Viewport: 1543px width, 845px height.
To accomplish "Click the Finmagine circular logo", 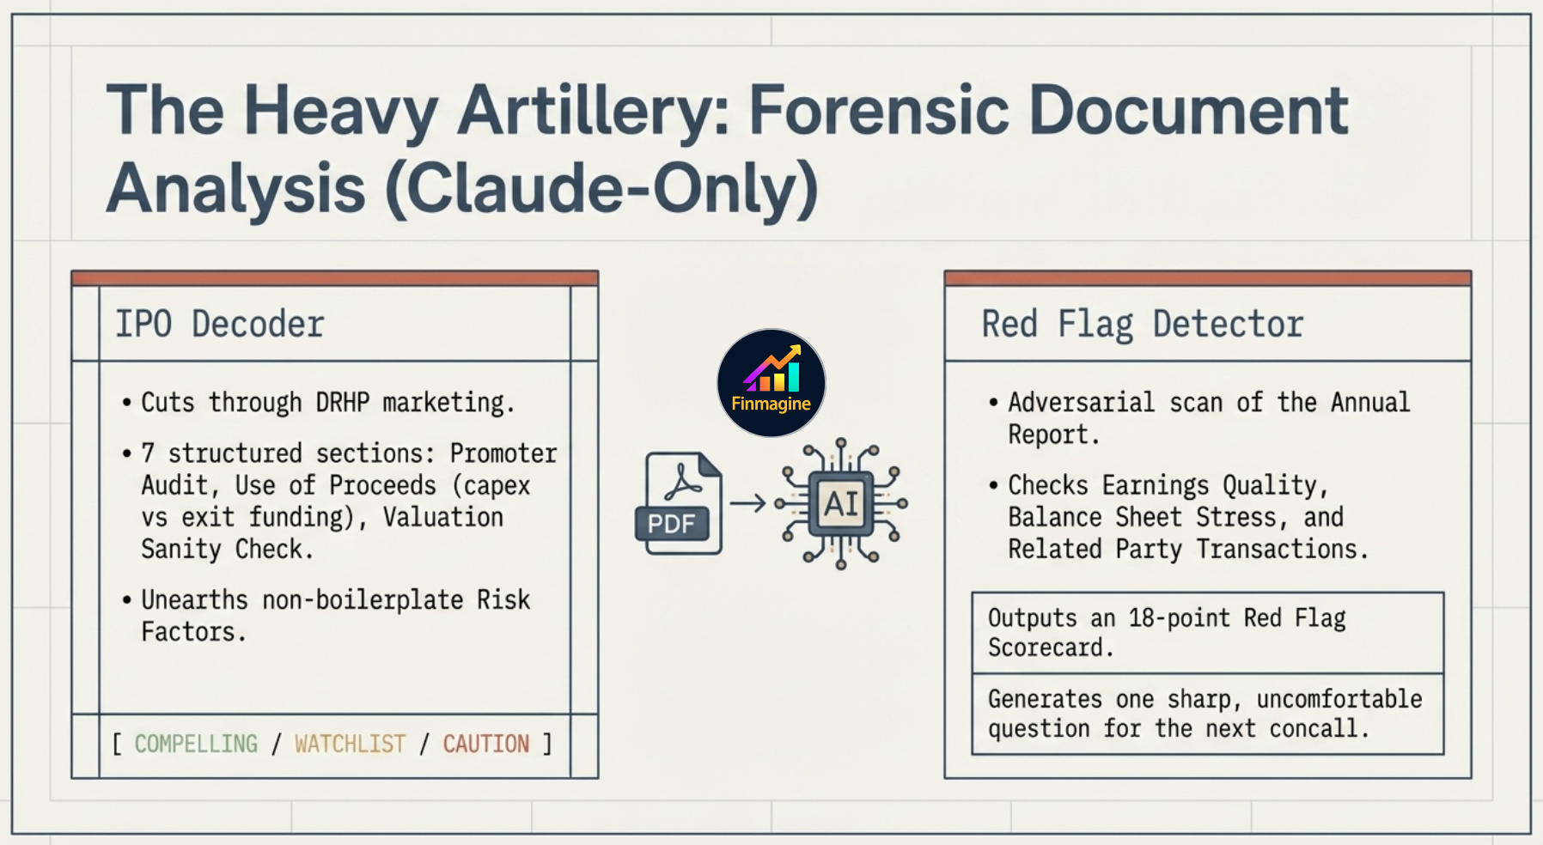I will (x=771, y=383).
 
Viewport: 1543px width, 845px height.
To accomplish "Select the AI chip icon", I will (x=841, y=503).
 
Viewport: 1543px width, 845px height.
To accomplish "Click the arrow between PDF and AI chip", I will (x=747, y=503).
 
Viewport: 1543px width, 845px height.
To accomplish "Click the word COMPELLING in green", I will (x=196, y=744).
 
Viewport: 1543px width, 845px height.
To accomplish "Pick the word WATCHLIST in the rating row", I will (x=350, y=744).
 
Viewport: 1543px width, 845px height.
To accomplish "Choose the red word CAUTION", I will (x=485, y=744).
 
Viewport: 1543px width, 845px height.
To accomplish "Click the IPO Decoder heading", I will (x=220, y=325).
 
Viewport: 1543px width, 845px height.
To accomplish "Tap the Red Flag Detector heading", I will (x=1142, y=325).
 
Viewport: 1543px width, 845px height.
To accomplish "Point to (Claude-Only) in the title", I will (x=601, y=188).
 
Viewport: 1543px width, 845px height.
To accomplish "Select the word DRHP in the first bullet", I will (x=342, y=402).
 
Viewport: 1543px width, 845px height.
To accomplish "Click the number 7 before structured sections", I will (x=148, y=453).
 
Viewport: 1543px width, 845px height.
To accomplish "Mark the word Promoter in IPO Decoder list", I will (x=503, y=453).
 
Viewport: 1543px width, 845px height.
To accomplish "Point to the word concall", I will (x=1318, y=728).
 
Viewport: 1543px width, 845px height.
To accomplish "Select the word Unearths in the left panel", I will (x=194, y=599).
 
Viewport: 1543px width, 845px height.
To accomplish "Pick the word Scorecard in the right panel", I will (x=1050, y=647).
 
